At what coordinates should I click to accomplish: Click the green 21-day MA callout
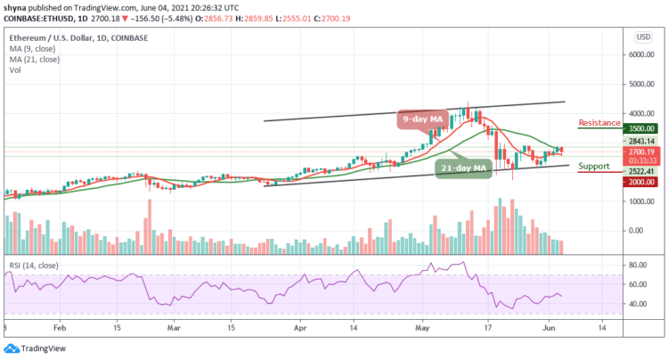pos(463,168)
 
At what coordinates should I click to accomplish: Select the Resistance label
pos(597,123)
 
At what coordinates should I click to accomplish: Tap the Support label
pos(594,167)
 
